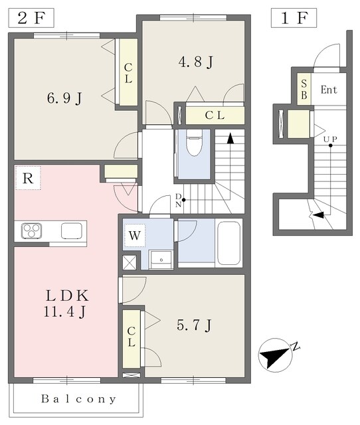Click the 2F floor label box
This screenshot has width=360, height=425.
31,18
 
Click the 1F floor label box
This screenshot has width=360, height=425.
294,18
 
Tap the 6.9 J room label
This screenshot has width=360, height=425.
64,98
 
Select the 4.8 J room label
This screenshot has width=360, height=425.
196,62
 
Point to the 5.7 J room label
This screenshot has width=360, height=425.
194,325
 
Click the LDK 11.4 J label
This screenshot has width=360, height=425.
66,303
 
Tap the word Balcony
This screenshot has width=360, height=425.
78,399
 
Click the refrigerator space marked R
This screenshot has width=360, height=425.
28,178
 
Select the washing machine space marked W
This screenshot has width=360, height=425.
134,235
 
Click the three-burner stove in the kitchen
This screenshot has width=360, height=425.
31,230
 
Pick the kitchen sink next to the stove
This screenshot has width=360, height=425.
72,230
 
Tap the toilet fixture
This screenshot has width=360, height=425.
194,142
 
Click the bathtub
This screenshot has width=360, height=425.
228,243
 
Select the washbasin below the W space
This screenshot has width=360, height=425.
161,260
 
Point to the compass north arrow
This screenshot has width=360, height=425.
276,355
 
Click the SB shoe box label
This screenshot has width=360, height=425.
304,89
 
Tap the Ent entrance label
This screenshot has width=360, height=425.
329,90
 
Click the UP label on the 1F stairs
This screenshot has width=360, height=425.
330,139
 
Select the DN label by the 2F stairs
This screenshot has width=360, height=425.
178,201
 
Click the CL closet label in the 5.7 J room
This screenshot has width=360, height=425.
132,337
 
